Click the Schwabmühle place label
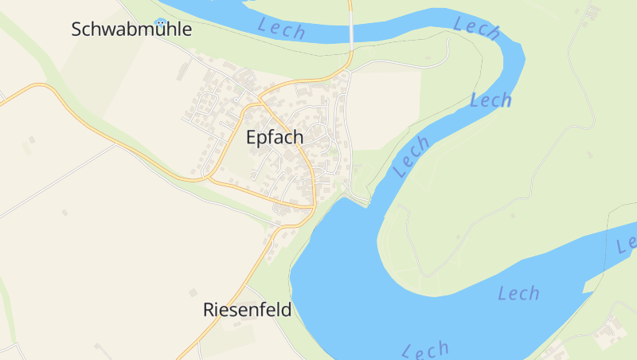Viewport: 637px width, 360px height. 131,30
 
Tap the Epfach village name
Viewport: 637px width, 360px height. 275,138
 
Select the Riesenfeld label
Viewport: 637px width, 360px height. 247,310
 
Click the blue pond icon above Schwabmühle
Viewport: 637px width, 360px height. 162,22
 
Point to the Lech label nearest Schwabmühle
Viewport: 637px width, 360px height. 282,29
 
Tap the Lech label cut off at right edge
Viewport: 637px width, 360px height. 626,242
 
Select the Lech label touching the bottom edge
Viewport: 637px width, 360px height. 425,350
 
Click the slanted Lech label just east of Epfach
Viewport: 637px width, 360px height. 412,155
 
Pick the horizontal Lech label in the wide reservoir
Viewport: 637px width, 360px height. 518,293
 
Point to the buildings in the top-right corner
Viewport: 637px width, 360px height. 590,11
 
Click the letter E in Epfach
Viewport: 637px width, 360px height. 252,138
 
